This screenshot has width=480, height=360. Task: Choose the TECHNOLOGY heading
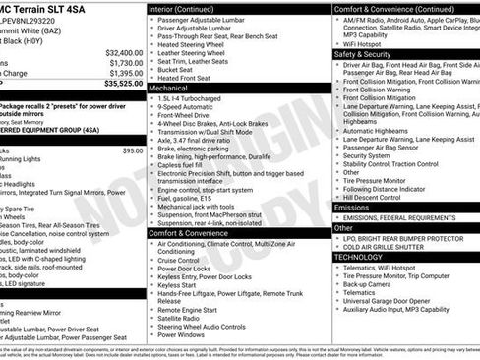pyautogui.click(x=358, y=257)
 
